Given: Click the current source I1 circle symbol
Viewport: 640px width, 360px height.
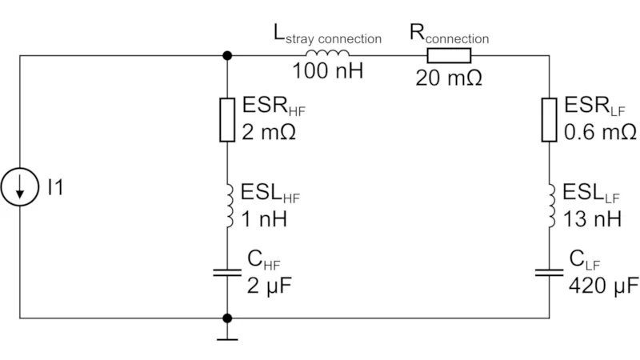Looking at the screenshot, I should click(x=19, y=188).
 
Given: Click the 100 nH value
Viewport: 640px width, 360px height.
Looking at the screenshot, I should click(x=327, y=72).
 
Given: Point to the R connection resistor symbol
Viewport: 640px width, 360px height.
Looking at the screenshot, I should click(x=449, y=55).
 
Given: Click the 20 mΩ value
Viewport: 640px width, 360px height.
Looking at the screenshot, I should click(x=449, y=78).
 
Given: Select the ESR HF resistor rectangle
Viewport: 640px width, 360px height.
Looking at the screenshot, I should click(x=228, y=119).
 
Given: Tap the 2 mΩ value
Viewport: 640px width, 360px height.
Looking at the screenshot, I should click(x=268, y=131).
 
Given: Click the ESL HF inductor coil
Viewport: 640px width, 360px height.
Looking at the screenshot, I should click(x=229, y=206).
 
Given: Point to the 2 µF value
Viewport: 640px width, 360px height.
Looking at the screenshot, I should click(x=265, y=285).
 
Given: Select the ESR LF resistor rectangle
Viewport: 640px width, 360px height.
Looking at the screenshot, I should click(x=549, y=119).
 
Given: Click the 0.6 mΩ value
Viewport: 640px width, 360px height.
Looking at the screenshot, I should click(x=600, y=131).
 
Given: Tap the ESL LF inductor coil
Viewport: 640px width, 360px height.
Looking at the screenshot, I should click(x=550, y=206).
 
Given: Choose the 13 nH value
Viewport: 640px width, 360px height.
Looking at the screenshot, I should click(x=590, y=218).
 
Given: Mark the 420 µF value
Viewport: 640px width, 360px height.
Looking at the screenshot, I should click(x=603, y=285).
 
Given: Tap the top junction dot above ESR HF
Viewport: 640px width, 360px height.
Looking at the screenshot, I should click(x=228, y=55).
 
